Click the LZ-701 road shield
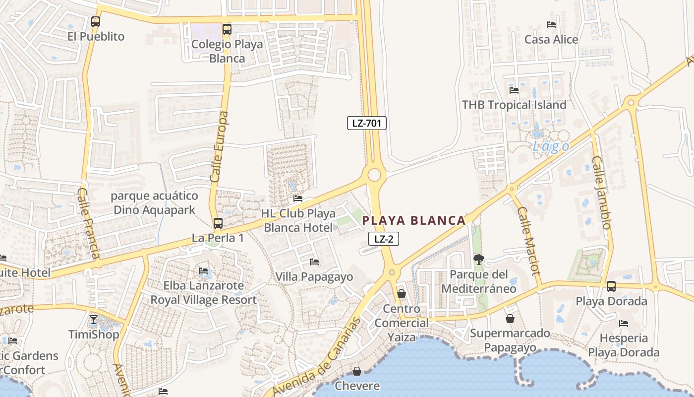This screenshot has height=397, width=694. [x=366, y=123]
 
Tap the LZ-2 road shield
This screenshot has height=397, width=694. [x=384, y=239]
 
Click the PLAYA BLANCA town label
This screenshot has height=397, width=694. [x=414, y=220]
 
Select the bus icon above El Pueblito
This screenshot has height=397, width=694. [x=96, y=22]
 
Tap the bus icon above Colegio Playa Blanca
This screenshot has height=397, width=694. [x=227, y=29]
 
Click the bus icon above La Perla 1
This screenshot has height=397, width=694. [x=218, y=223]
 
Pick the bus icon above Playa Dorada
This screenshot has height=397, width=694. [x=611, y=286]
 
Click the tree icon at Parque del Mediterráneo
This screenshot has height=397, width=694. [x=478, y=259]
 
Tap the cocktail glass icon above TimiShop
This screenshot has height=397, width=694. [x=94, y=319]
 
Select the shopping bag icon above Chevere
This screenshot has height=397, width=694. [x=356, y=371]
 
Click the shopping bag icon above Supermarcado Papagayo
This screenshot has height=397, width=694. [x=510, y=319]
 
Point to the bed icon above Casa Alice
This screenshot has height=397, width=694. [x=551, y=25]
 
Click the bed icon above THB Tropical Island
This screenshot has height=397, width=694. [x=514, y=90]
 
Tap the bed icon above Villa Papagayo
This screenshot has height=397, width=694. [x=314, y=262]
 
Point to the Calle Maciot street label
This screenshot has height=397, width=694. [x=528, y=241]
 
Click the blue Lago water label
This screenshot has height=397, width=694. [x=551, y=146]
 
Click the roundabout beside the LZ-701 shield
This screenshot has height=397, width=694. [x=374, y=175]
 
